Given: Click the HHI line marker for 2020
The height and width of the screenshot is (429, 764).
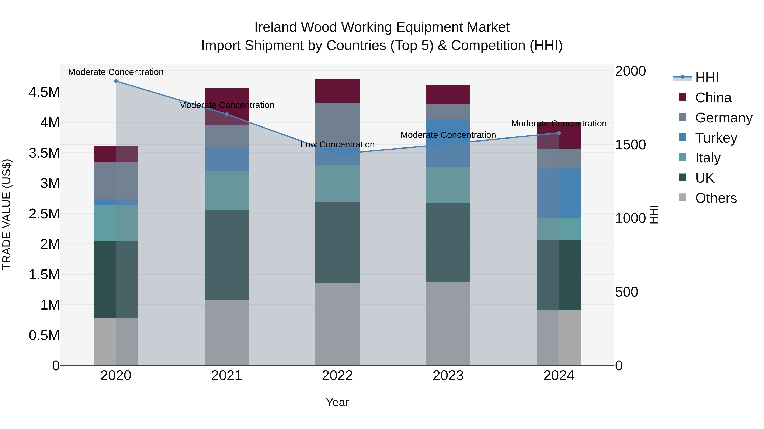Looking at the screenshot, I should [116, 81].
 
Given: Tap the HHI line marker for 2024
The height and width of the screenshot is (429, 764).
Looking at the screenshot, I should [559, 133].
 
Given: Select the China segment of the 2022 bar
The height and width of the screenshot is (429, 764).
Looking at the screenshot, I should [337, 91].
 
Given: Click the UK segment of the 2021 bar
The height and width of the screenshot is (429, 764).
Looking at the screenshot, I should [227, 255].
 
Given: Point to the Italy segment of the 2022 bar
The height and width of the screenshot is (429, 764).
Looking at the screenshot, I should [337, 183].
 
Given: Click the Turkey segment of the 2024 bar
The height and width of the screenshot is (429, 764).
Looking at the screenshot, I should [559, 193].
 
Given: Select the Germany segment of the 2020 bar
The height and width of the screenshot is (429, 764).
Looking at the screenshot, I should [116, 181].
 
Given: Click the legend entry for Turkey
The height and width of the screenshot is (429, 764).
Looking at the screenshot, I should [716, 138].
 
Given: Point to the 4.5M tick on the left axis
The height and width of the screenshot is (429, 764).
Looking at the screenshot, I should [44, 92].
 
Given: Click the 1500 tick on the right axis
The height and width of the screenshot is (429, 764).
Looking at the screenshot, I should [630, 145].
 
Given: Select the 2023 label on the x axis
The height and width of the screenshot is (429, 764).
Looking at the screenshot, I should [448, 376].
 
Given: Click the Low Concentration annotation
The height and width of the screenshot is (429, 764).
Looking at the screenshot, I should [337, 144].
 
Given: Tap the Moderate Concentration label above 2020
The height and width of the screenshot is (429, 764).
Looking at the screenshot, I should [116, 72].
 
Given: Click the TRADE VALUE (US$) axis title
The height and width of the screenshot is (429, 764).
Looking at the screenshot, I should [7, 214].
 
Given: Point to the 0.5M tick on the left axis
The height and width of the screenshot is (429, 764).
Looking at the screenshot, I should [44, 335].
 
